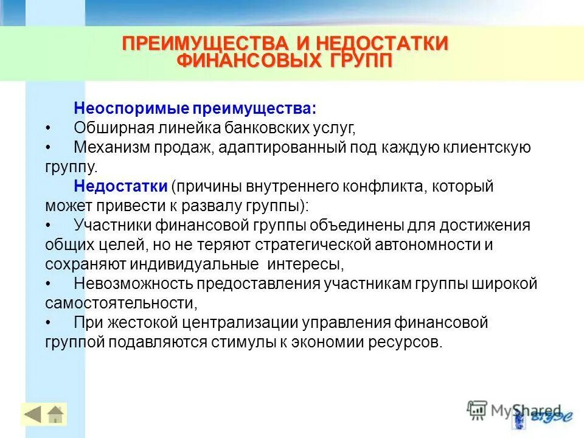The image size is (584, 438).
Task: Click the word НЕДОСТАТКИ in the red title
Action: (x=384, y=44)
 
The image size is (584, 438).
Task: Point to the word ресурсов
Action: (x=402, y=342)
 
